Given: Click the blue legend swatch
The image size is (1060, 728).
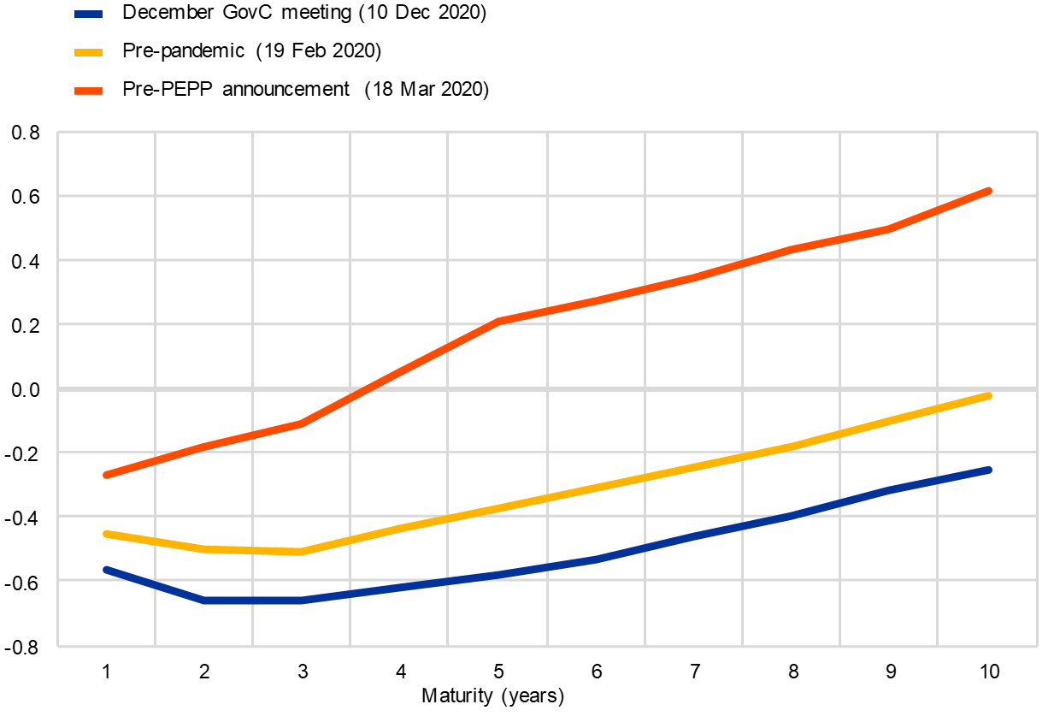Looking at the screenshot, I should tap(88, 14).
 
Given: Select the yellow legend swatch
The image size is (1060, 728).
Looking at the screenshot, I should tap(88, 52).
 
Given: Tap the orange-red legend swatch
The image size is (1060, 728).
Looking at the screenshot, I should tap(88, 91).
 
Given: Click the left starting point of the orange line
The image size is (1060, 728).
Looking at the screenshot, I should tap(106, 475).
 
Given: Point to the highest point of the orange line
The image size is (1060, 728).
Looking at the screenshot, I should tap(989, 190).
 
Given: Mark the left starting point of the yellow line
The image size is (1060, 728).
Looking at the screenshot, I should tap(106, 533).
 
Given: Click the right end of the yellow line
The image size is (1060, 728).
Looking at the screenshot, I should tap(989, 395).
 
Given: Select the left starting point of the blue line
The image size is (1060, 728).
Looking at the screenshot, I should tap(106, 569).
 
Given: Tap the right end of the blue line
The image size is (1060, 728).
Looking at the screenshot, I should tap(989, 470).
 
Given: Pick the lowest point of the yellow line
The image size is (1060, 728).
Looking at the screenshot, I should tap(301, 552).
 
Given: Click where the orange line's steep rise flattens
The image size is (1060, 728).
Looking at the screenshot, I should tap(498, 321).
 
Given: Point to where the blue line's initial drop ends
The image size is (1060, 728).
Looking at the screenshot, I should tap(204, 601).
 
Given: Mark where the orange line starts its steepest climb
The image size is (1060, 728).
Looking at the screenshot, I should tap(301, 423).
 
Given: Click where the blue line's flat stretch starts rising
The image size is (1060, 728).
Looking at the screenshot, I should tap(301, 601).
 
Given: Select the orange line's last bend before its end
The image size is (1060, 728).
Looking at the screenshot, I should tap(889, 228).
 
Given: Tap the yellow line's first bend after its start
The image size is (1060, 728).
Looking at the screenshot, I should tap(204, 548).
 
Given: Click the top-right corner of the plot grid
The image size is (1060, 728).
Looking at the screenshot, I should tap(1037, 132).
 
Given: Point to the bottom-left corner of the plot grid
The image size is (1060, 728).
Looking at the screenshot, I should tap(57, 647).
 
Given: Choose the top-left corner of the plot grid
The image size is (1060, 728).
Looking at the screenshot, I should tap(57, 132).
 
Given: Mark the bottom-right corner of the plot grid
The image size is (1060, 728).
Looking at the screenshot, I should tap(1037, 647).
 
